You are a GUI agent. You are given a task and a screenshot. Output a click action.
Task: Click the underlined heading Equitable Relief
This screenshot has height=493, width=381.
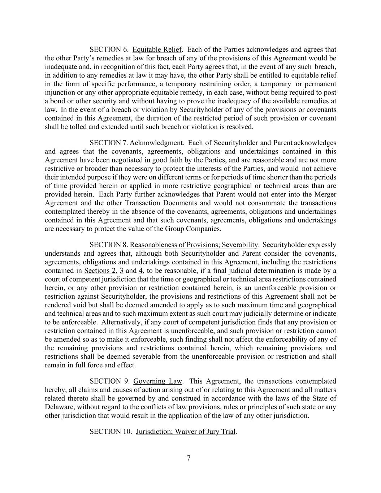pyautogui.click(x=157, y=49)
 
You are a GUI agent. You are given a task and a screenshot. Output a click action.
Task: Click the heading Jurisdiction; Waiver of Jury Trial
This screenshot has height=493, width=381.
pyautogui.click(x=186, y=432)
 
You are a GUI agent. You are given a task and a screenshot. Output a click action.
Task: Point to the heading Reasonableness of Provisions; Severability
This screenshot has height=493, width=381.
pyautogui.click(x=194, y=245)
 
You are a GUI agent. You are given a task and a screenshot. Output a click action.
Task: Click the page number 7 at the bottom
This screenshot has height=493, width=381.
pyautogui.click(x=189, y=459)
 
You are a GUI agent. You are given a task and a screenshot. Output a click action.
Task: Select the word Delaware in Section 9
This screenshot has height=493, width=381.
pyautogui.click(x=59, y=407)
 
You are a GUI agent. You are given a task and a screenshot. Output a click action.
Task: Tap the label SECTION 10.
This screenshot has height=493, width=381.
pyautogui.click(x=111, y=432)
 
